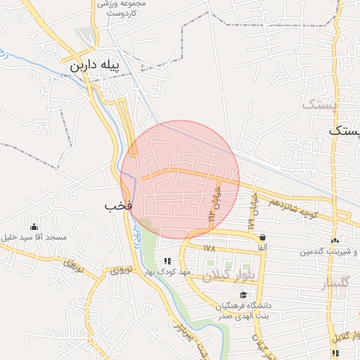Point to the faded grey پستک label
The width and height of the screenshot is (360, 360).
pyautogui.click(x=321, y=105)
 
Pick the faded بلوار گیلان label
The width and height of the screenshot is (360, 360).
pyautogui.click(x=228, y=276)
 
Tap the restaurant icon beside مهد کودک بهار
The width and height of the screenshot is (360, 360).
pyautogui.click(x=167, y=261)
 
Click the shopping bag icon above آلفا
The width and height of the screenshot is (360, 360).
pyautogui.click(x=262, y=238)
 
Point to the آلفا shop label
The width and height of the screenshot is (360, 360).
pyautogui.click(x=262, y=249)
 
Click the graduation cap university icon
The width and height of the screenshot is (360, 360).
pyautogui.click(x=243, y=295)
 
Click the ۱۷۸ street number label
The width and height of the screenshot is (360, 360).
pyautogui.click(x=209, y=248)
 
